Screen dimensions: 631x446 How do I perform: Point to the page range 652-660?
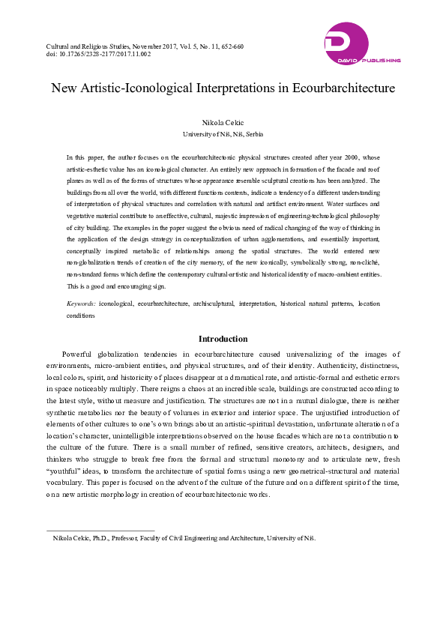tap(230, 46)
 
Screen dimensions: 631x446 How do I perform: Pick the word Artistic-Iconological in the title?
tap(136, 88)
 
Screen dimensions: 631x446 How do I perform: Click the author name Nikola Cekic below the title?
tap(223, 122)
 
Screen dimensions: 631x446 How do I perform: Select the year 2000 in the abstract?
tap(335, 158)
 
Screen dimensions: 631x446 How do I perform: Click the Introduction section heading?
tap(223, 339)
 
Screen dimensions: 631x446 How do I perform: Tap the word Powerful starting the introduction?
tap(80, 354)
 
